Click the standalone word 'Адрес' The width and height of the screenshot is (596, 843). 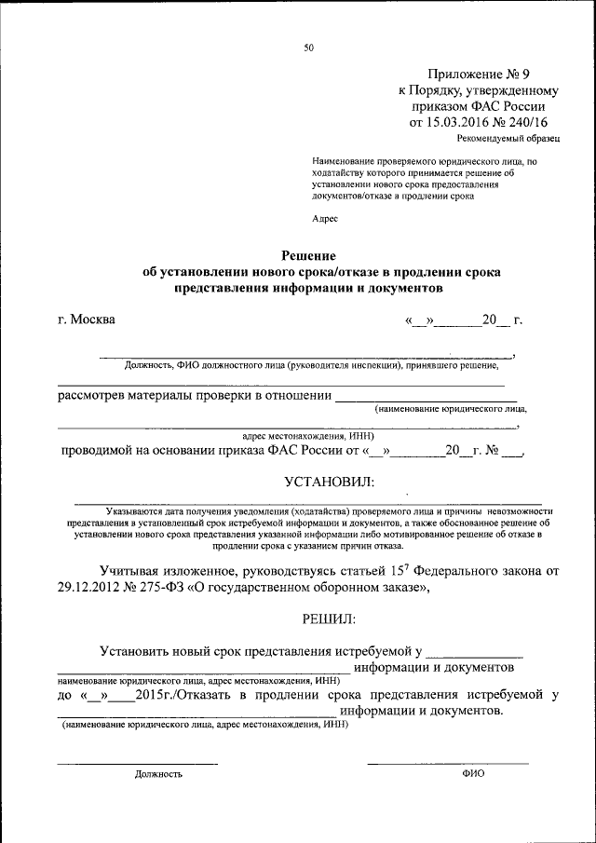point(325,219)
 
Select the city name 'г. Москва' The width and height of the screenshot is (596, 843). point(87,320)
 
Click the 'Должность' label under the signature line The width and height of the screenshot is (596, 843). point(158,773)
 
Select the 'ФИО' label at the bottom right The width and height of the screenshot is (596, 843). point(473,773)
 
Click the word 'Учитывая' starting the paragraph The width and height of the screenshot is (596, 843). point(135,570)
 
